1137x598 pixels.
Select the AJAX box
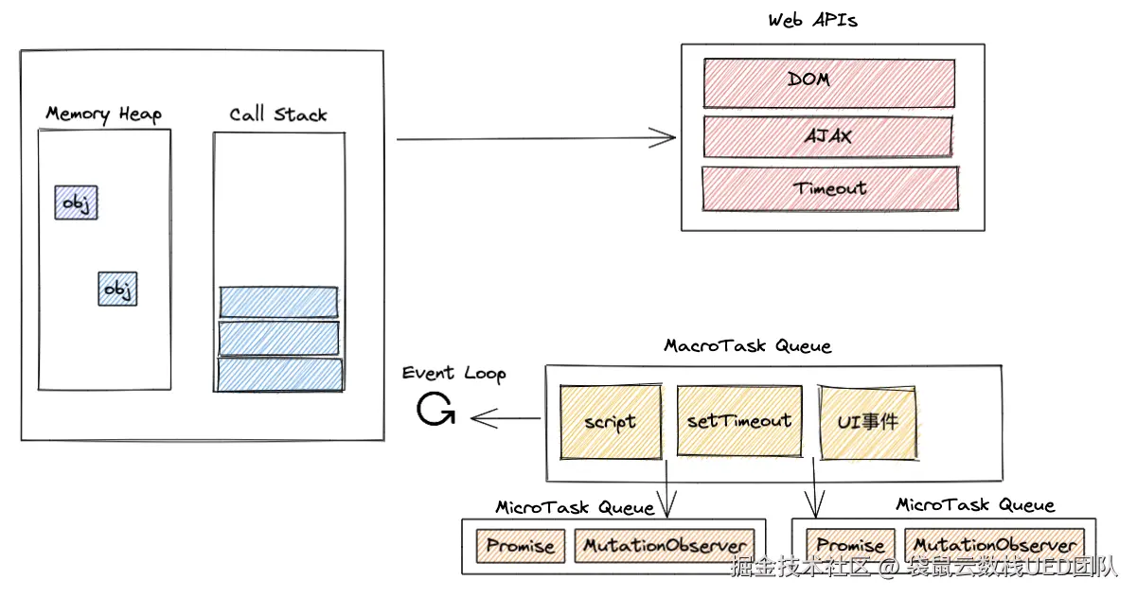tap(828, 136)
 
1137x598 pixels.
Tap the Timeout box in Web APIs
tap(829, 188)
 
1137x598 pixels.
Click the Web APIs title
tap(812, 20)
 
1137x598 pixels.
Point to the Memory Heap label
tap(104, 114)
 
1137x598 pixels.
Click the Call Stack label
tap(278, 115)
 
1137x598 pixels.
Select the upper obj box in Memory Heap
tap(77, 202)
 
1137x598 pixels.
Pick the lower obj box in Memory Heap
tap(117, 289)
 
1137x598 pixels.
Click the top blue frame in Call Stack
tap(278, 302)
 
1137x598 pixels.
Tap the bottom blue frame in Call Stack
tap(279, 374)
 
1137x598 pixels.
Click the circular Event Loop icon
tap(435, 409)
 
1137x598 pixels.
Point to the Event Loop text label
tap(453, 373)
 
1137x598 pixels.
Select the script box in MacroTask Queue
tap(611, 421)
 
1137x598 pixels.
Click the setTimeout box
tap(739, 420)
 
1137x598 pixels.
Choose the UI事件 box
tap(868, 421)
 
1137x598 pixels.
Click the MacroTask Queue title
tap(747, 345)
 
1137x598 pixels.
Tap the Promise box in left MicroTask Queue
tap(520, 546)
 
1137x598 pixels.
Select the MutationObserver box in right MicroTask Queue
tap(995, 545)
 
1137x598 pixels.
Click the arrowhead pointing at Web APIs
tap(670, 138)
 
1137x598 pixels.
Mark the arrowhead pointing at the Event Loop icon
tap(476, 417)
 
